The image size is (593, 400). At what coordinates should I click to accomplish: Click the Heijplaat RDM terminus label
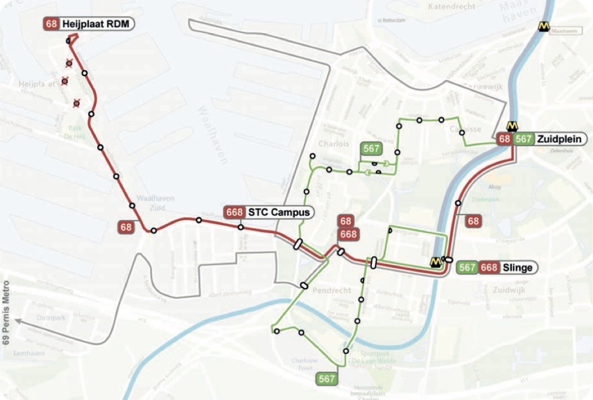[x=97, y=24]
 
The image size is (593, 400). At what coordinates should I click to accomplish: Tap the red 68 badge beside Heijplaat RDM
[x=52, y=24]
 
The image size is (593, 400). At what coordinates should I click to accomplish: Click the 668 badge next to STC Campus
[x=235, y=212]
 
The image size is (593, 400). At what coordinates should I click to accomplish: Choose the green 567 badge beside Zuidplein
[x=524, y=139]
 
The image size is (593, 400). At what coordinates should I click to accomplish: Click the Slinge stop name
[x=517, y=268]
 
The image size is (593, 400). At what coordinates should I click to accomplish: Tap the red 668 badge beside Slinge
[x=489, y=268]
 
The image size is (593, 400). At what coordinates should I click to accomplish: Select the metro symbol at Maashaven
[x=544, y=27]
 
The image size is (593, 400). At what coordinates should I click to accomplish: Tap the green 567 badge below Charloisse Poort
[x=326, y=379]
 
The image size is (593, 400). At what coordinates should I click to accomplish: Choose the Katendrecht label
[x=452, y=7]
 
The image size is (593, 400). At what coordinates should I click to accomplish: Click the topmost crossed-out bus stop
[x=69, y=63]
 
